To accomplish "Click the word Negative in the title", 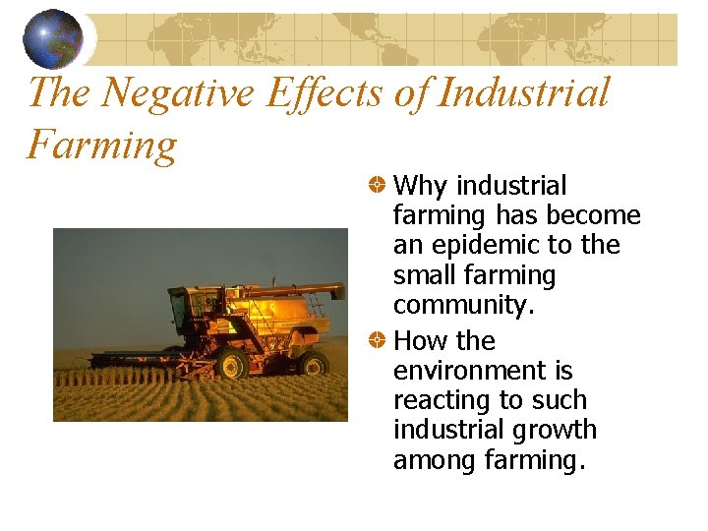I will coord(179,93).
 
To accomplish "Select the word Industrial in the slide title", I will coord(523,93).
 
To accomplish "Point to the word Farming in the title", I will coord(101,145).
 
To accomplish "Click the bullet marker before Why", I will coord(377,185).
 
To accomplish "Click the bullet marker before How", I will coord(377,341).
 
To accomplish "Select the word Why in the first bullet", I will coord(423,186).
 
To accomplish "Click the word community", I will coord(463,306).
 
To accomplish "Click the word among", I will coord(434,460).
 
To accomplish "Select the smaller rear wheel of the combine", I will coord(314,365).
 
